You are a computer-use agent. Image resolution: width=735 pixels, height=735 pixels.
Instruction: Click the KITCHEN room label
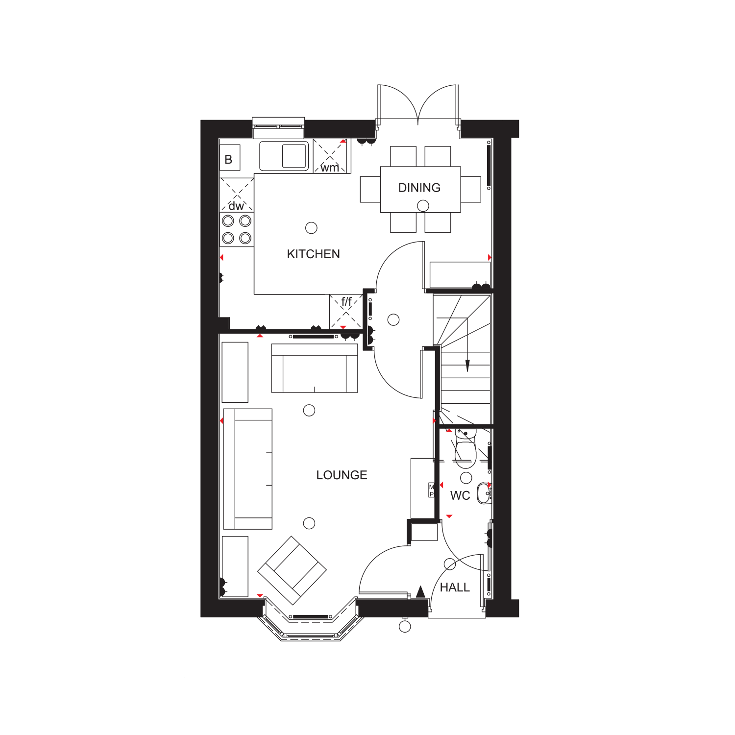[313, 254]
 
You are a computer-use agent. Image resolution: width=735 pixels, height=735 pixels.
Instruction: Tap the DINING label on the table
[419, 188]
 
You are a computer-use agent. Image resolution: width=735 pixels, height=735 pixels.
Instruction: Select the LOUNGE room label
[342, 475]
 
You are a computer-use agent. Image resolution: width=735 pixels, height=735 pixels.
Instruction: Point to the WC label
[460, 495]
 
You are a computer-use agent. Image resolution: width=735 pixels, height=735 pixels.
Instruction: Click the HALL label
[455, 587]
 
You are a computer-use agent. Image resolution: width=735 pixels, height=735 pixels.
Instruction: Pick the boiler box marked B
[229, 158]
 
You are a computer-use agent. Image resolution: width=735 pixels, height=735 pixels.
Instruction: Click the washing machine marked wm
[332, 156]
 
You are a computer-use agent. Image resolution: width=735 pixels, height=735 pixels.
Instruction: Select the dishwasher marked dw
[237, 195]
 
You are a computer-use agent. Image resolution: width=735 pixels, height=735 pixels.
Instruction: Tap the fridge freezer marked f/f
[346, 312]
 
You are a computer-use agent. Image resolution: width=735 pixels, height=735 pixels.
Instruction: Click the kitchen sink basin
[294, 156]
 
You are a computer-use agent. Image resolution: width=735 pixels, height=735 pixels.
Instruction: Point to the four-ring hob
[237, 229]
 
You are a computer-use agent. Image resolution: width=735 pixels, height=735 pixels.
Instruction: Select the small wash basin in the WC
[484, 492]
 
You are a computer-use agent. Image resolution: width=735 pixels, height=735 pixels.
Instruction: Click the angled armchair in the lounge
[292, 570]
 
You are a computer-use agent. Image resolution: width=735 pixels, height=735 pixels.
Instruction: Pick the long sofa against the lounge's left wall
[247, 469]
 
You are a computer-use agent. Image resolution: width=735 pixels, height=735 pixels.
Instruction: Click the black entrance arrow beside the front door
[420, 591]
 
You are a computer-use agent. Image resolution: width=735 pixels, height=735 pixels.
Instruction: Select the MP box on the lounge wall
[432, 490]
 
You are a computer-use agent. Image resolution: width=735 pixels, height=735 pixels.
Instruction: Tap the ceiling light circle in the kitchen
[311, 228]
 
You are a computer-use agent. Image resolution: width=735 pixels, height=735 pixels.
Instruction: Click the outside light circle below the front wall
[405, 626]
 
